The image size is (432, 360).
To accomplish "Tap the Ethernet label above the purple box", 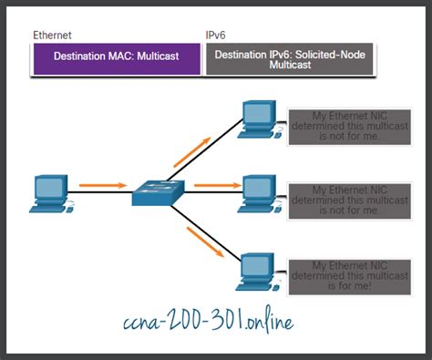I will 52,36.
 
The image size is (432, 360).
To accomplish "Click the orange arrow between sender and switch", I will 98,185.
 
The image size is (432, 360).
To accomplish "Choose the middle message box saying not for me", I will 344,199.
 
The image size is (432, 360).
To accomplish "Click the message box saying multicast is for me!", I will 344,273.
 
